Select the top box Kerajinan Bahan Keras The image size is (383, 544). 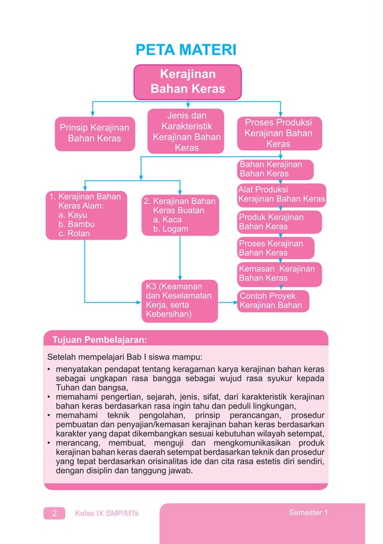click(187, 82)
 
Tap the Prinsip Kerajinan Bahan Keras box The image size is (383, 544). click(94, 133)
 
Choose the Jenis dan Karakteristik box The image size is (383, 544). click(187, 131)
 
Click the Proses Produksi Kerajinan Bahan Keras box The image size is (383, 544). click(279, 133)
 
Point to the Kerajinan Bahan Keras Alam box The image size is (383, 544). click(87, 215)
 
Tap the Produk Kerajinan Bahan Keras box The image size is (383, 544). click(279, 222)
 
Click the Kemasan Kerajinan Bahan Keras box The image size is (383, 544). click(279, 273)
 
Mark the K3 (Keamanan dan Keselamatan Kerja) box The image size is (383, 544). click(179, 300)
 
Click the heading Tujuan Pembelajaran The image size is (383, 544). click(100, 339)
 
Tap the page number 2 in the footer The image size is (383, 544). click(54, 513)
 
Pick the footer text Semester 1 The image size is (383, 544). click(308, 513)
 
